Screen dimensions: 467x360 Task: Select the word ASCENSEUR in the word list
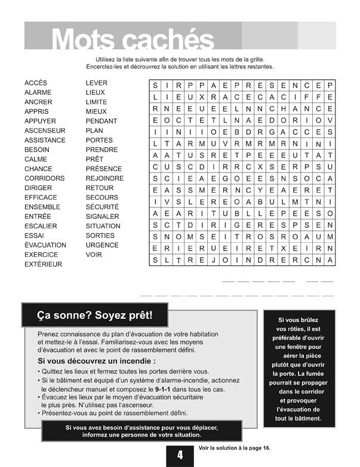(x=45, y=131)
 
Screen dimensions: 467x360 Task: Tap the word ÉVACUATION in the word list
(x=45, y=245)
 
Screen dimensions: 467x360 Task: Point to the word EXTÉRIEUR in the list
(x=44, y=264)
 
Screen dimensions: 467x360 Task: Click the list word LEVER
(x=96, y=83)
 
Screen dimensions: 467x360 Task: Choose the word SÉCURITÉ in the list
(x=102, y=207)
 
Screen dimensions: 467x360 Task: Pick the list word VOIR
(x=94, y=255)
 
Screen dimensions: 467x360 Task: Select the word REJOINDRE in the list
(x=104, y=178)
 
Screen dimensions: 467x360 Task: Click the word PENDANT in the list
(x=101, y=121)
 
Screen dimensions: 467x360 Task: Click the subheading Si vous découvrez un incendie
(x=97, y=361)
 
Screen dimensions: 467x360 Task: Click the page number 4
(x=180, y=456)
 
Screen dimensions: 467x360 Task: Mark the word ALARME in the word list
(x=38, y=92)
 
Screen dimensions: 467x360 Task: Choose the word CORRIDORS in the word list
(x=45, y=178)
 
